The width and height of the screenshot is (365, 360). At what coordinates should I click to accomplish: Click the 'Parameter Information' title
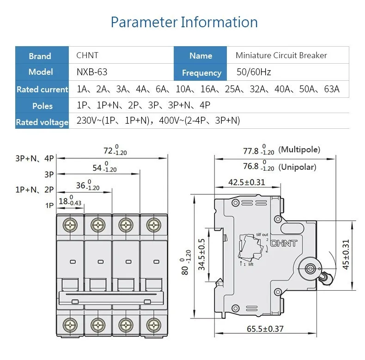[184, 22]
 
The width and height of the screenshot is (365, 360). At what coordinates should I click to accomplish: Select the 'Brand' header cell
[40, 56]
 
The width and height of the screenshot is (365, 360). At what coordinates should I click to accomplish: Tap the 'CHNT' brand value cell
[87, 55]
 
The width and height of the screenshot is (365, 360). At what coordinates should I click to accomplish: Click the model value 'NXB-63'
[92, 72]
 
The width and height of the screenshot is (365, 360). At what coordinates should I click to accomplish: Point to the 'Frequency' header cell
[201, 72]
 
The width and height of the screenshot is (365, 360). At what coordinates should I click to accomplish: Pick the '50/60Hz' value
[253, 72]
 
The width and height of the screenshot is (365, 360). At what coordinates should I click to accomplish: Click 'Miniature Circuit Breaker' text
[281, 55]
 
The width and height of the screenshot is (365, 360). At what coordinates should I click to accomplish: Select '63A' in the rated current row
[331, 89]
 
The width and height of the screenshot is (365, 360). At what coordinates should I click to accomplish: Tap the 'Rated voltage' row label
[42, 122]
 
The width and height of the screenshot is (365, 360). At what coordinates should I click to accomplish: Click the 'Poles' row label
[43, 106]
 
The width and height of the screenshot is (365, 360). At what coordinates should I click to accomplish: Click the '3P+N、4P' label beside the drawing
[35, 158]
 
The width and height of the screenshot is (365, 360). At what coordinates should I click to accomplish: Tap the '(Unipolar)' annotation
[298, 167]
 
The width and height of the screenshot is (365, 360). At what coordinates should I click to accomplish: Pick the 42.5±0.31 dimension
[247, 182]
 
